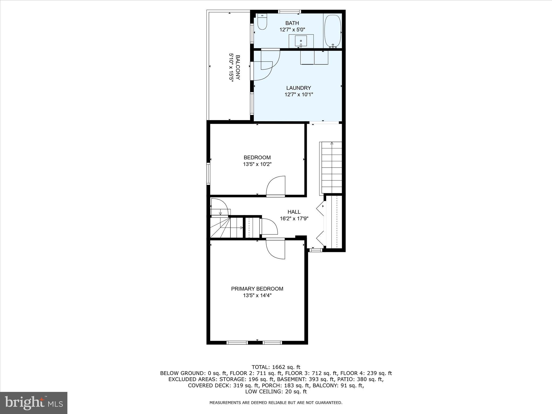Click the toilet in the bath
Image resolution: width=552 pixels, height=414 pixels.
click(x=262, y=22)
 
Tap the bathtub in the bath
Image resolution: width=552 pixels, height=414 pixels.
click(x=333, y=31)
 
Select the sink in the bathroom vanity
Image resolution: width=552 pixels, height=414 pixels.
click(x=301, y=41)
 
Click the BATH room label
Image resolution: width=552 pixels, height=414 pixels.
click(x=292, y=23)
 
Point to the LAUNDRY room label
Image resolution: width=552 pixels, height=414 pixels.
click(x=298, y=88)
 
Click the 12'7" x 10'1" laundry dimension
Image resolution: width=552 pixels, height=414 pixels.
click(x=298, y=95)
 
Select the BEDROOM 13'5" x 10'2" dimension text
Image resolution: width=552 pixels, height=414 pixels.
click(x=257, y=164)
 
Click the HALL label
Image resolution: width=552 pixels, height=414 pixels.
click(x=294, y=212)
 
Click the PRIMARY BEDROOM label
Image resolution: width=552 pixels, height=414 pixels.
click(x=257, y=289)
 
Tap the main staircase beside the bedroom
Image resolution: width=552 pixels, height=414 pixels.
click(x=332, y=168)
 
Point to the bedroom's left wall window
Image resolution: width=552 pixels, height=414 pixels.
click(x=208, y=173)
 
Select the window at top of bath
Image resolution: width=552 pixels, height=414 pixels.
click(x=289, y=11)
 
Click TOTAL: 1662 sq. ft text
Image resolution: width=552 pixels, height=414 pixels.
click(x=276, y=367)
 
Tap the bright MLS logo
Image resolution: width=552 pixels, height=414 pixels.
click(x=34, y=403)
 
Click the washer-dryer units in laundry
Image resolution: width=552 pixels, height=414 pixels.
click(x=314, y=58)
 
